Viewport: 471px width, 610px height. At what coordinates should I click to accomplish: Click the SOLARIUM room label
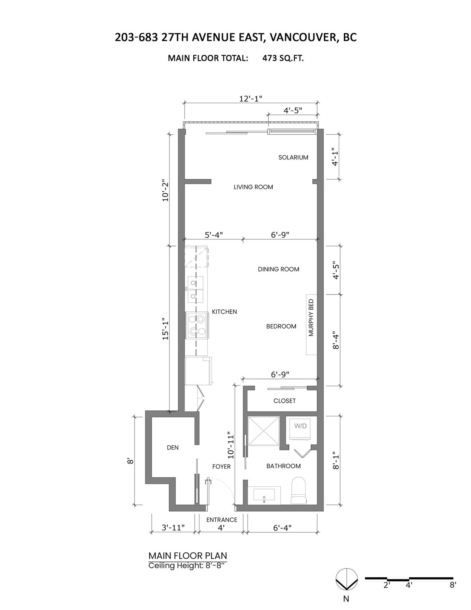coord(293,157)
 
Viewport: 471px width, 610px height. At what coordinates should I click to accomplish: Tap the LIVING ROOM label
coord(253,187)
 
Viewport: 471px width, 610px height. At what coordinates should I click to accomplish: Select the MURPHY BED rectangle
coord(312,325)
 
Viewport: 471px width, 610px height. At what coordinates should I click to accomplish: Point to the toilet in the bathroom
coord(299,490)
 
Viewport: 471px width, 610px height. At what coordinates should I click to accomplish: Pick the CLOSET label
coord(284,401)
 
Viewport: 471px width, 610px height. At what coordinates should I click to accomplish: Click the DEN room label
coord(172,448)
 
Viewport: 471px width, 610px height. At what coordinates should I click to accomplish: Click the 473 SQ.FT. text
coord(283,58)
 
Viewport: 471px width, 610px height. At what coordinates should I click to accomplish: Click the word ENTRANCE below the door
coord(222,519)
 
